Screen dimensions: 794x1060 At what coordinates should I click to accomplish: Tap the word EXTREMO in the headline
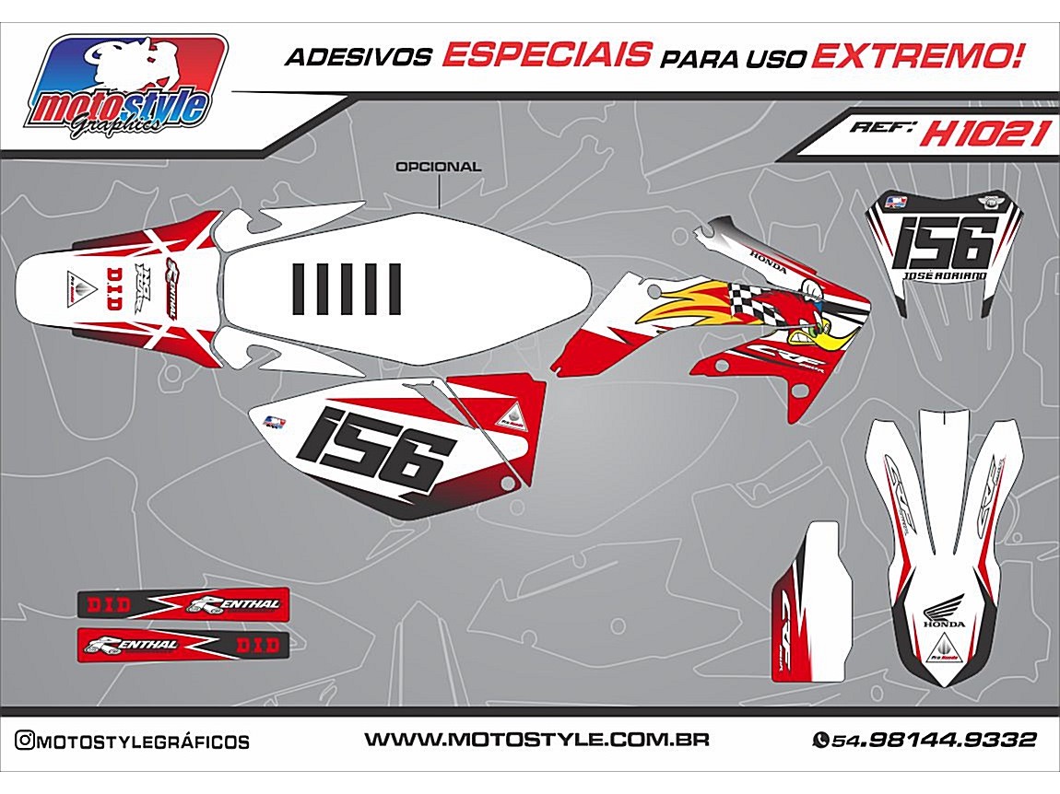coord(918,56)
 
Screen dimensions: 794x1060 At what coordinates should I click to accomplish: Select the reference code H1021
coord(985,134)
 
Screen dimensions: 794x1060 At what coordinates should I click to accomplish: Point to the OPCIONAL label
coord(438,168)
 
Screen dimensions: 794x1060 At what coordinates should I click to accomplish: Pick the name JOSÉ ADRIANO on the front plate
coord(946,275)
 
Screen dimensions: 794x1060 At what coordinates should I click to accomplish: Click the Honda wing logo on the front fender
coord(944,609)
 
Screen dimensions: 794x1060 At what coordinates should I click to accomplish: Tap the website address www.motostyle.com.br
coord(536,740)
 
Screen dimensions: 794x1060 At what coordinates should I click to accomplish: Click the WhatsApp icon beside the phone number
coord(819,740)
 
